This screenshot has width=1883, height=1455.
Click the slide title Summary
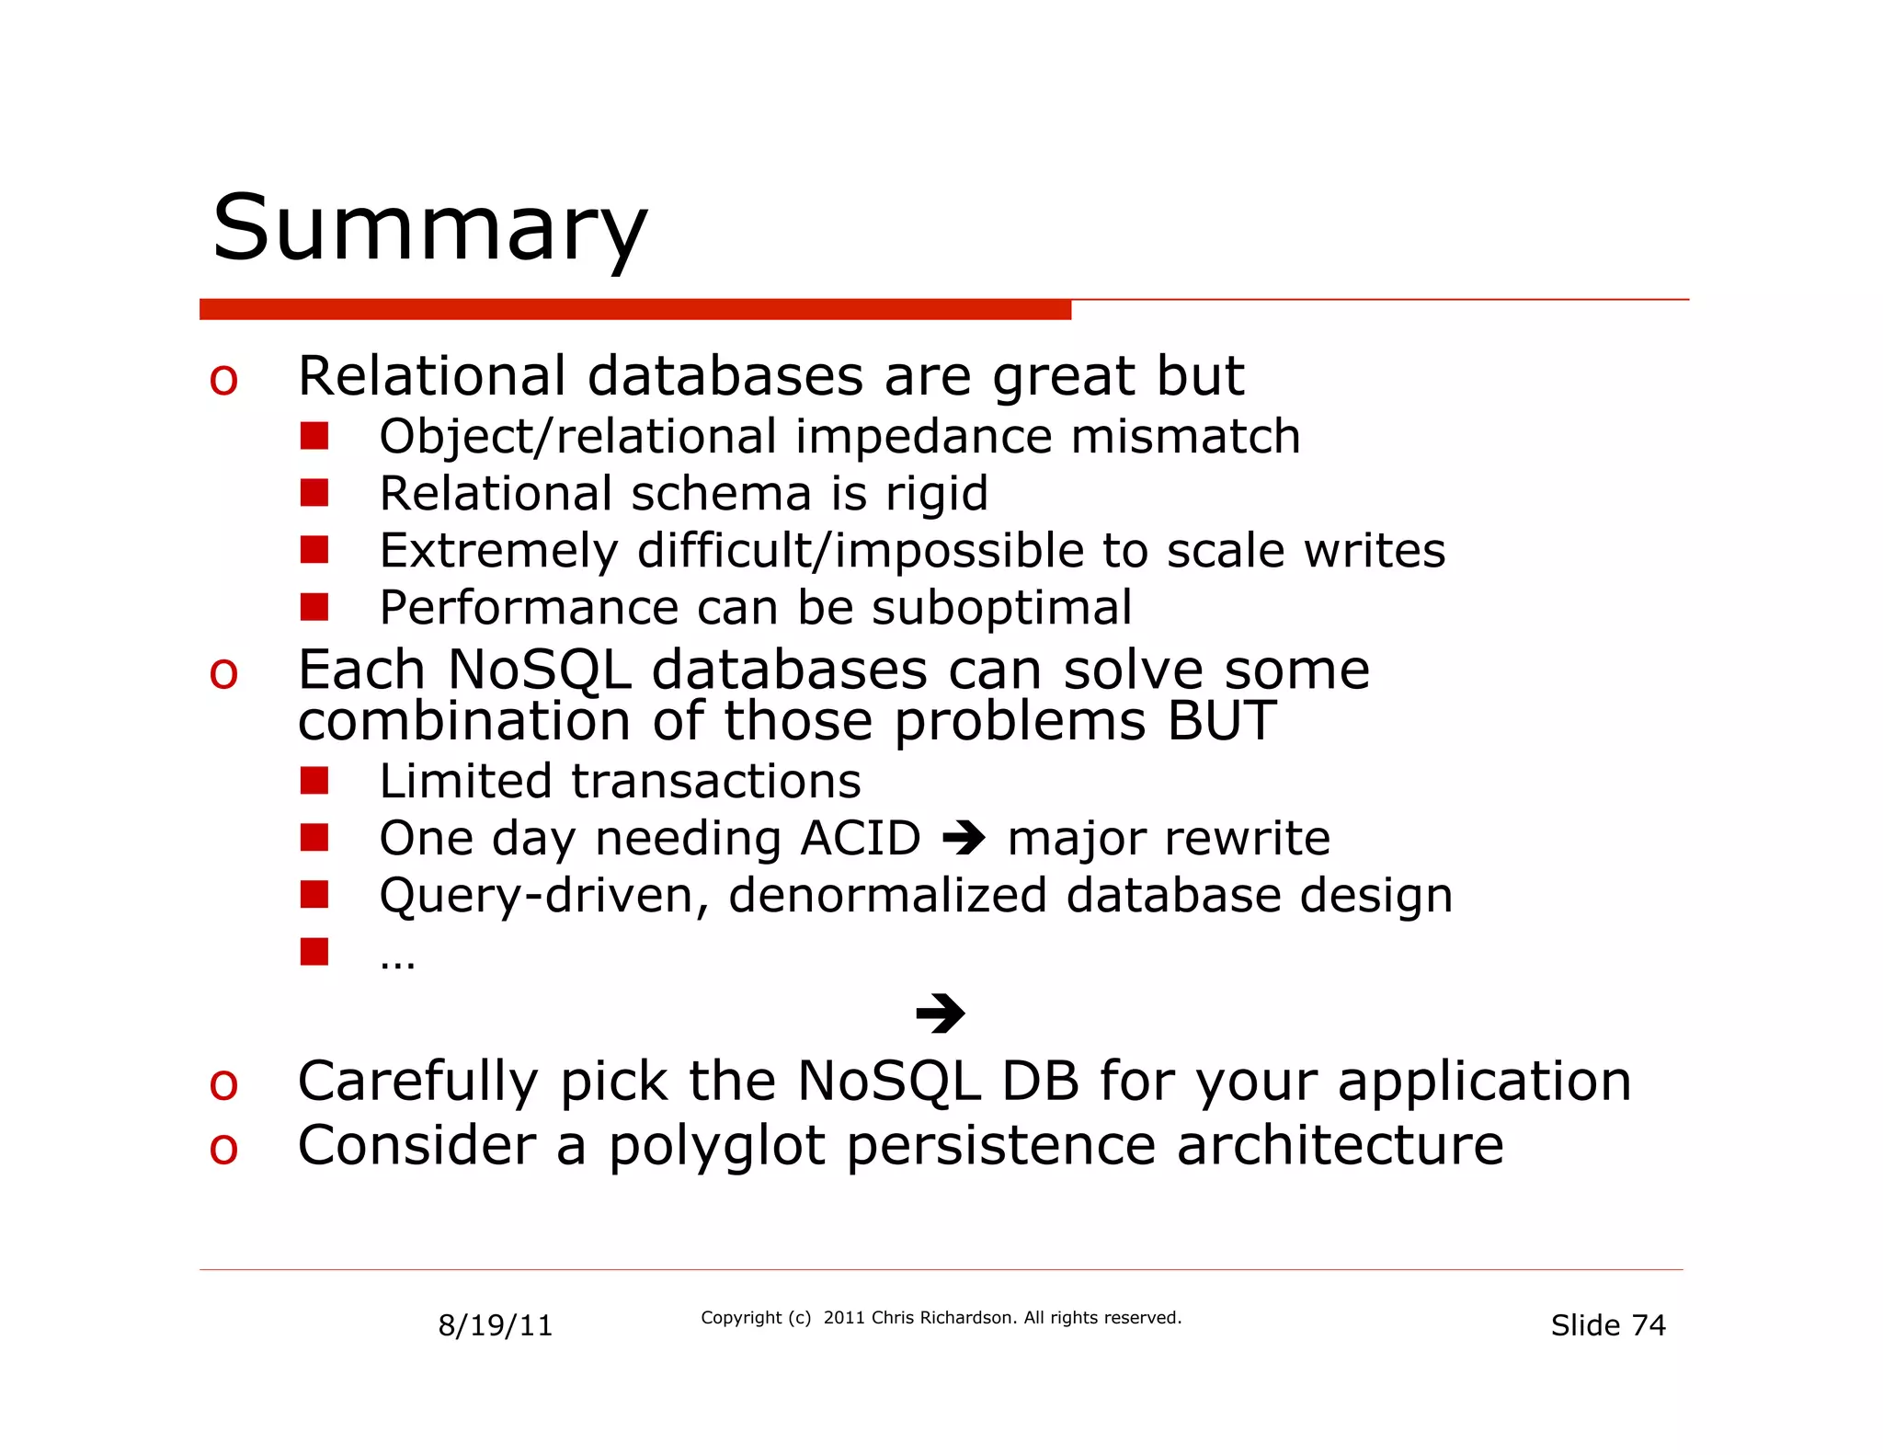click(429, 228)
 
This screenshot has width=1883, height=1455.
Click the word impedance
click(923, 436)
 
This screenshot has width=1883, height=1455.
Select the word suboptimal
click(1001, 608)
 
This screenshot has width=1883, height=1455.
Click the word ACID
click(861, 838)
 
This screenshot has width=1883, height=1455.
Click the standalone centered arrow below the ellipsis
click(940, 1014)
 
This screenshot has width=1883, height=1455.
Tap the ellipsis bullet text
click(397, 961)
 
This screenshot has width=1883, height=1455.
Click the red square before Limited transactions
click(314, 781)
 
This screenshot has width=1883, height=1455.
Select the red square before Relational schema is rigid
click(314, 494)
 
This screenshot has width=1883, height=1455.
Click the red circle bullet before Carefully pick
click(223, 1084)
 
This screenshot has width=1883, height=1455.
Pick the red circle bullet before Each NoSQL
click(223, 672)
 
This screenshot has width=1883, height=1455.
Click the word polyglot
click(716, 1147)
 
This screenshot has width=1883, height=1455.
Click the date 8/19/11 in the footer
click(495, 1325)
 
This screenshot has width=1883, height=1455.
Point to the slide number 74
click(1649, 1325)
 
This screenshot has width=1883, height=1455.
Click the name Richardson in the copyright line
click(967, 1318)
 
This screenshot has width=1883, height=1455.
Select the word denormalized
click(887, 895)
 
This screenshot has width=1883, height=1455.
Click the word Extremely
click(498, 551)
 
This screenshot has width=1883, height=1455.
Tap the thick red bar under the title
click(634, 310)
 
